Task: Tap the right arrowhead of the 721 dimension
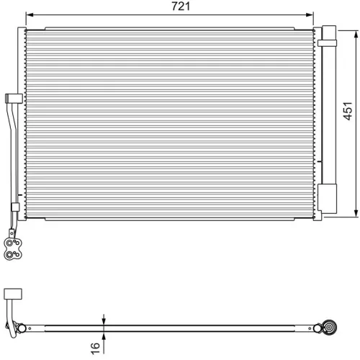coord(311,14)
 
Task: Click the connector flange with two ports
coord(12,248)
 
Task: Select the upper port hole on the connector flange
coord(10,242)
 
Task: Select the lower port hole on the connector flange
coord(10,253)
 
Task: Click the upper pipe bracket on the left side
coord(10,99)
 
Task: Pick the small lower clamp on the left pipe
coord(14,207)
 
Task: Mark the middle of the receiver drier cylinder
coord(328,115)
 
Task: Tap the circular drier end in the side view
coord(330,328)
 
